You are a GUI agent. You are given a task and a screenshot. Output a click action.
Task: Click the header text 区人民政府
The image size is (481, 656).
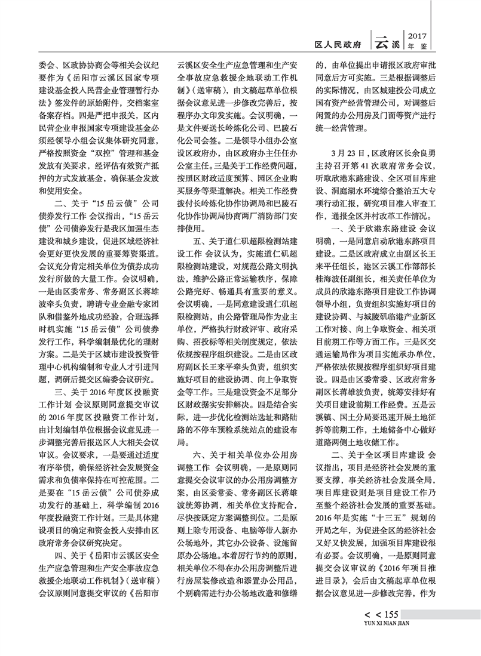click(340, 44)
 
